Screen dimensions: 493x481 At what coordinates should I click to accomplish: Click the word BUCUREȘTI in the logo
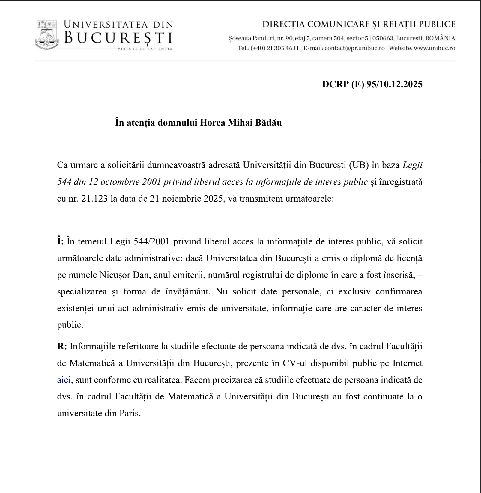pos(118,38)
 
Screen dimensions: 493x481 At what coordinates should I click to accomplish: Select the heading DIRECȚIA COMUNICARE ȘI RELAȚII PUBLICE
pos(359,24)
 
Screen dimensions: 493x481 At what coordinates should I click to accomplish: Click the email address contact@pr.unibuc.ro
pos(354,48)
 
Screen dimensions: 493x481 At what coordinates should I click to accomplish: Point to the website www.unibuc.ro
pos(434,48)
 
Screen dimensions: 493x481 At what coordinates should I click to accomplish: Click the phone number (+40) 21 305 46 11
pos(274,48)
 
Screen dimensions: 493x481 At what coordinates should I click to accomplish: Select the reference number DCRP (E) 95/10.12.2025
pos(372,84)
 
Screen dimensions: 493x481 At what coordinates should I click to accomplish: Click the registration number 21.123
pos(94,199)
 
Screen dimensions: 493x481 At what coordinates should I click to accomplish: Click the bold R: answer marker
pos(62,347)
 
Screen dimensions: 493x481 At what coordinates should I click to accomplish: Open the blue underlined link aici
pos(64,380)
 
